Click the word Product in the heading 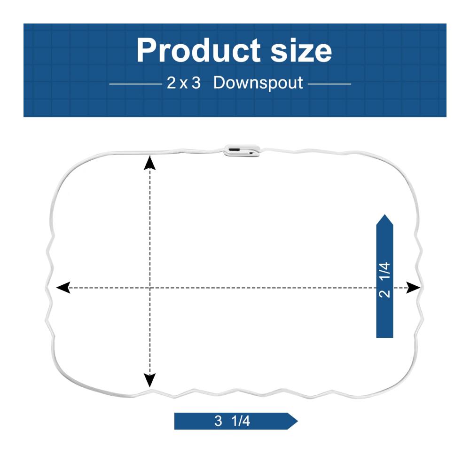199,50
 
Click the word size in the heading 301,50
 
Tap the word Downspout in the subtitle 258,83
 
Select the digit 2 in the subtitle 171,83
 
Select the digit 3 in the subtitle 196,83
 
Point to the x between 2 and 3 184,85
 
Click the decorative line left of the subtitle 136,84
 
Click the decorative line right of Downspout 329,84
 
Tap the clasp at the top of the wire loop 242,150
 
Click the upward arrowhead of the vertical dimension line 150,163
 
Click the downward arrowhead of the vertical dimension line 150,380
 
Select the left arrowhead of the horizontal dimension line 63,288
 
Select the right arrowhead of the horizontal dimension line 413,288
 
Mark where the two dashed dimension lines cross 150,288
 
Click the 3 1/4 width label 232,421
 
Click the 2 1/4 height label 384,280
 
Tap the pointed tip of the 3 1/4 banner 298,421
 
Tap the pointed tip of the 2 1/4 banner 384,215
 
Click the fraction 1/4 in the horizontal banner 241,421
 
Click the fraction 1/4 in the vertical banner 384,271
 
